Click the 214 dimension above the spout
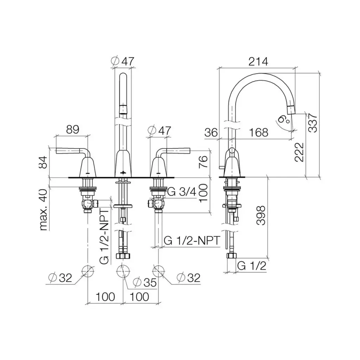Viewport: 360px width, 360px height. point(258,62)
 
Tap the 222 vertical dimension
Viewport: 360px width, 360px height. point(299,152)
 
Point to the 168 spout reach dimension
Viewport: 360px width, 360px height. point(258,133)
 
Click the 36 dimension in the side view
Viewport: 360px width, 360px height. point(211,133)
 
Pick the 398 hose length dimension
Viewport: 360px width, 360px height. point(261,216)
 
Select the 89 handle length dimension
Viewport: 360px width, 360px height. point(72,129)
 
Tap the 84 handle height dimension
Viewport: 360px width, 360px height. point(43,162)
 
